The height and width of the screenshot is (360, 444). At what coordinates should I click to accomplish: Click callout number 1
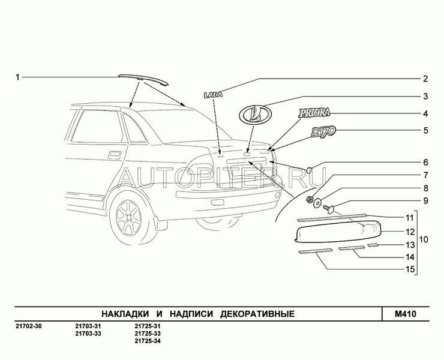tap(17, 77)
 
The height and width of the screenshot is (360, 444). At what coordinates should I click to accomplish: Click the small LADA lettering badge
tap(212, 95)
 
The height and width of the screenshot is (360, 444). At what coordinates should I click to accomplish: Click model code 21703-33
tap(88, 334)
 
